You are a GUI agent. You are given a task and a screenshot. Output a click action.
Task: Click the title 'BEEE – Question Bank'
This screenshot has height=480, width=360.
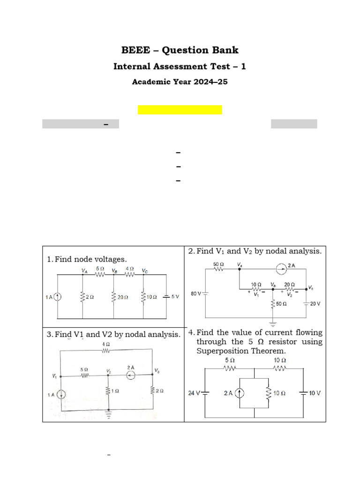(180, 50)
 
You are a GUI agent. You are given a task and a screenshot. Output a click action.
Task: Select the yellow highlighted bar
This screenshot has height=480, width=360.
(180, 110)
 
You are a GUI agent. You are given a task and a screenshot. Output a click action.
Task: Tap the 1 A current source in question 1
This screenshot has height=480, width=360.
(58, 297)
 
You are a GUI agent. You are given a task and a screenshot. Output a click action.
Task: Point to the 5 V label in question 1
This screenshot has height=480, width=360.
(175, 297)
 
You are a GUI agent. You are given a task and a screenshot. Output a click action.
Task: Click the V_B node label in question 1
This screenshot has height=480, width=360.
(114, 271)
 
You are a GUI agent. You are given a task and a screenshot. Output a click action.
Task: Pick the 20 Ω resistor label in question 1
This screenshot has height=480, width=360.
(123, 297)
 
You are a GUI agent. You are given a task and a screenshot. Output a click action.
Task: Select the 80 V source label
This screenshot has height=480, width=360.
(195, 294)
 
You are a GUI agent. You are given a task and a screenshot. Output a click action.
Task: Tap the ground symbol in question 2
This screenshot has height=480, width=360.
(272, 323)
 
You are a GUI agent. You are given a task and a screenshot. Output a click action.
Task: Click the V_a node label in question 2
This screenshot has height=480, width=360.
(240, 265)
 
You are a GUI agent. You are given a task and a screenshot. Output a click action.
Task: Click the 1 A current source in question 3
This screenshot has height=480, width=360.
(61, 395)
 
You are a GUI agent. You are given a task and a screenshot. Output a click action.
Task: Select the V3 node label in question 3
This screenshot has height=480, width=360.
(157, 371)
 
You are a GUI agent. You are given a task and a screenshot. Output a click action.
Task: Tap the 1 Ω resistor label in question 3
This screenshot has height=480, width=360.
(115, 390)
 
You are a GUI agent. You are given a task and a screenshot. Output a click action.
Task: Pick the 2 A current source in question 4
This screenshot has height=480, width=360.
(240, 393)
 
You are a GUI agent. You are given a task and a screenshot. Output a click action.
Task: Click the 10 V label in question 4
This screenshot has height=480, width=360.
(315, 393)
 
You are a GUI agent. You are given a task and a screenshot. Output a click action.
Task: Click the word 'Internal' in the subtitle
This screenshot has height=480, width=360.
(131, 67)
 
